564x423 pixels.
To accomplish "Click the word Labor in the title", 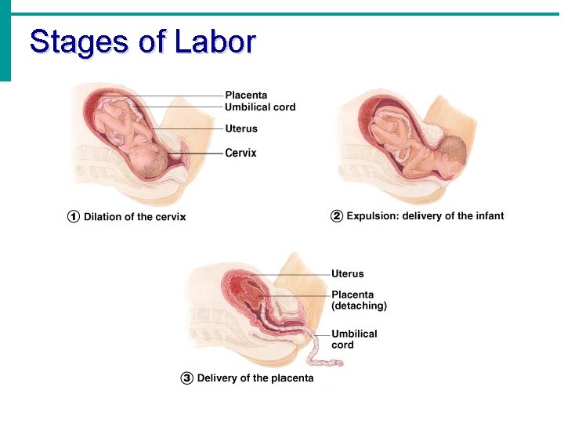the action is point(215,42).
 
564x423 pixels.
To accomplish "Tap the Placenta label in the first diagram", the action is point(246,96).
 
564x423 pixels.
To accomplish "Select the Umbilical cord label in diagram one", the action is point(260,107).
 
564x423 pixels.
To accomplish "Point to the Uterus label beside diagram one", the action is point(241,128).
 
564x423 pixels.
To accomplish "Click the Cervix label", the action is point(240,153).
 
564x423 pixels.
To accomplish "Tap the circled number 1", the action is point(74,217).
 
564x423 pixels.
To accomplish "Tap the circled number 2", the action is point(337,216).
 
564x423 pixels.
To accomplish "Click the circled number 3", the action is point(186,378).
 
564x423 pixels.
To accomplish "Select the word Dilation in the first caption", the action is point(103,217).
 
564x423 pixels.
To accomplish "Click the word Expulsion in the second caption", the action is point(371,216).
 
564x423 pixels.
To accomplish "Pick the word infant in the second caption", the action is point(489,216).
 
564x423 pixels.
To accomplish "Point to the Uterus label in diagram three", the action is point(347,274).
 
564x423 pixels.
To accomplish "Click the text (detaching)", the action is point(359,306).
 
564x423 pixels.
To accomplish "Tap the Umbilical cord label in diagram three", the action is point(354,339).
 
